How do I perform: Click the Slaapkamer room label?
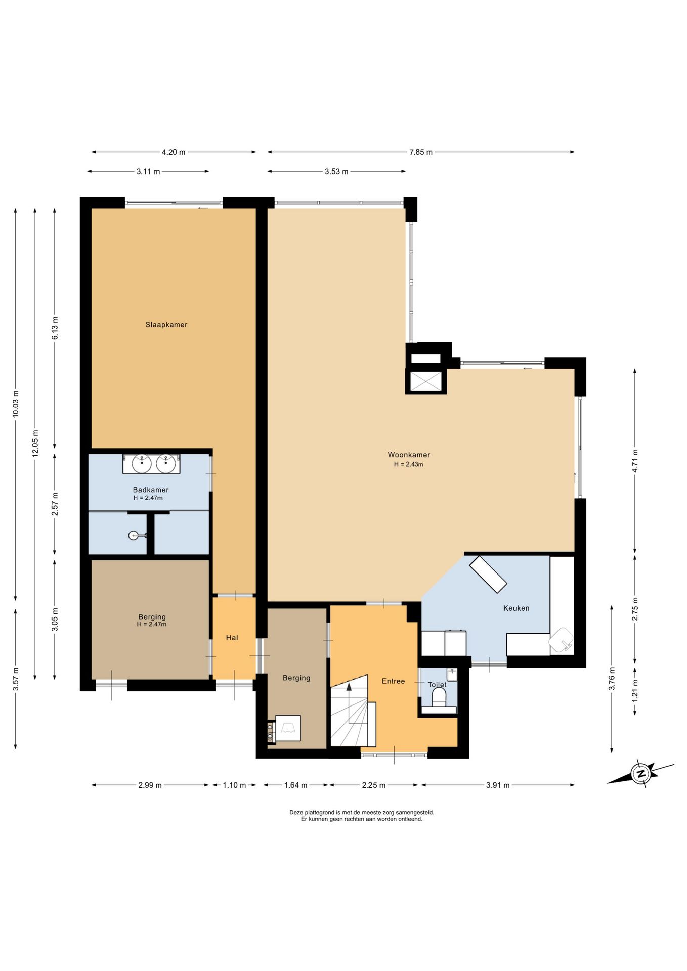click(166, 325)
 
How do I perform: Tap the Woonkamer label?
click(409, 455)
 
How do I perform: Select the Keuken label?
click(516, 608)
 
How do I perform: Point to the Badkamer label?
click(151, 490)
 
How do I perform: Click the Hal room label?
click(232, 638)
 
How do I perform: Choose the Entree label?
click(393, 681)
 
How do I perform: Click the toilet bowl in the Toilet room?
click(439, 697)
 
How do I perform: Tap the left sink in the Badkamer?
click(142, 463)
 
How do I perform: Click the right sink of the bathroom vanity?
click(166, 463)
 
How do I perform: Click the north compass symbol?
click(640, 774)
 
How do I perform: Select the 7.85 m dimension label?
click(421, 152)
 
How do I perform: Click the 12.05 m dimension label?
click(35, 444)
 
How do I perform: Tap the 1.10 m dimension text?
click(234, 785)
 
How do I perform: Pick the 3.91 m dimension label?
click(498, 785)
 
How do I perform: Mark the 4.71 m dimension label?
click(635, 461)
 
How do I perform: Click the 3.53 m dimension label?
click(336, 172)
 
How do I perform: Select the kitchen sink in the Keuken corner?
click(562, 640)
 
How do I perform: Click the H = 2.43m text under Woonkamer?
click(409, 464)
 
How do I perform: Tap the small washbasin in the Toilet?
click(452, 674)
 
